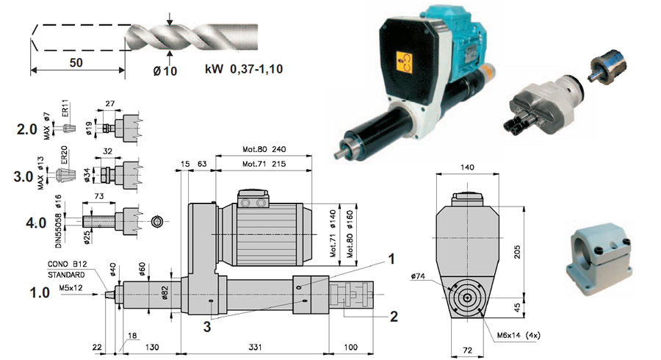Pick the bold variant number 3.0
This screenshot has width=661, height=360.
tap(26, 176)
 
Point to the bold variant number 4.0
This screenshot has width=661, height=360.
tap(26, 220)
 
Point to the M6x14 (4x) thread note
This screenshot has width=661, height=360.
tap(519, 336)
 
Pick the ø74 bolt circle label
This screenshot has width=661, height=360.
tap(420, 276)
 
